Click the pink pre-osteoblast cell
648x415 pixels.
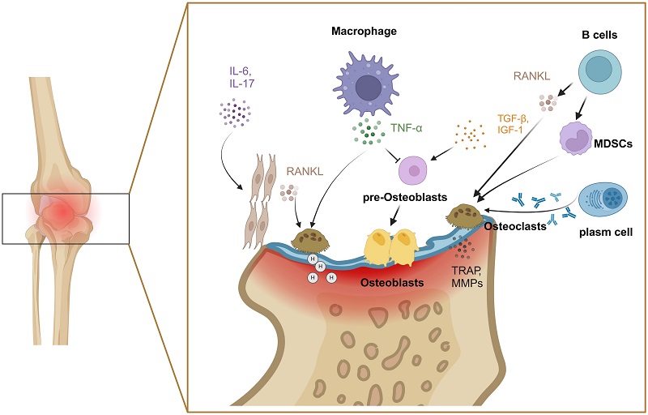[415, 171]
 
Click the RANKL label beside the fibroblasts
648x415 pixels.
[305, 172]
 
